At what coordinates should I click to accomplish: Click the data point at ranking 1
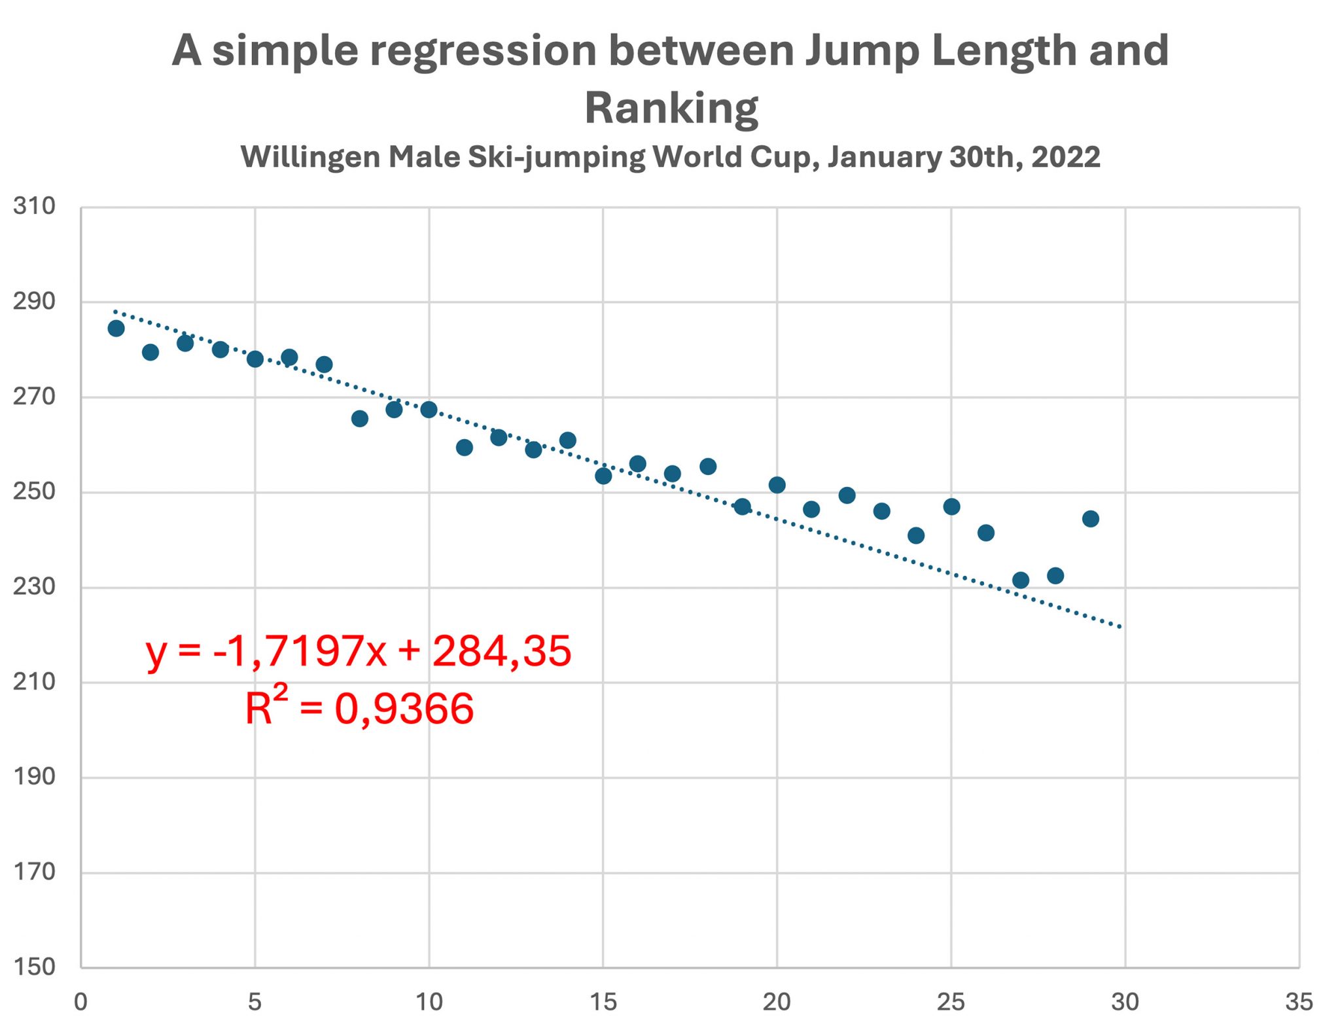[116, 329]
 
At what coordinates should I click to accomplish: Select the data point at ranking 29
[1090, 519]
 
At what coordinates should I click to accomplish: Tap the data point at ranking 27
[1020, 580]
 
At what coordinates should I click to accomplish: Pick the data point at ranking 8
[359, 419]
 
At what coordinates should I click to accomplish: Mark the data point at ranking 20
[777, 485]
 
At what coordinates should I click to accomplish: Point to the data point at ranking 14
[568, 440]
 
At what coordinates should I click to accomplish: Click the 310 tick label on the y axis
[34, 207]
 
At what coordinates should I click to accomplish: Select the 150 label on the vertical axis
[34, 967]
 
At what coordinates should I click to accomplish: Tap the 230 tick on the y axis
[34, 586]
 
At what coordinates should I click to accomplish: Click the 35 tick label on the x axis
[1299, 1002]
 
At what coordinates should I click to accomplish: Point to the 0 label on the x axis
[80, 1002]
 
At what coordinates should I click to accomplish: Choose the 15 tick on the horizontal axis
[603, 1002]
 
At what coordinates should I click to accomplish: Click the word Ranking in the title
[671, 108]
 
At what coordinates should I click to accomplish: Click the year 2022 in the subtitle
[1066, 157]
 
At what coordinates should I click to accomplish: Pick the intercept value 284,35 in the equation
[502, 651]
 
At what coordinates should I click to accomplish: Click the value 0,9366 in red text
[404, 709]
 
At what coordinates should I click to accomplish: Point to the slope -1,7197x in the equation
[300, 651]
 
